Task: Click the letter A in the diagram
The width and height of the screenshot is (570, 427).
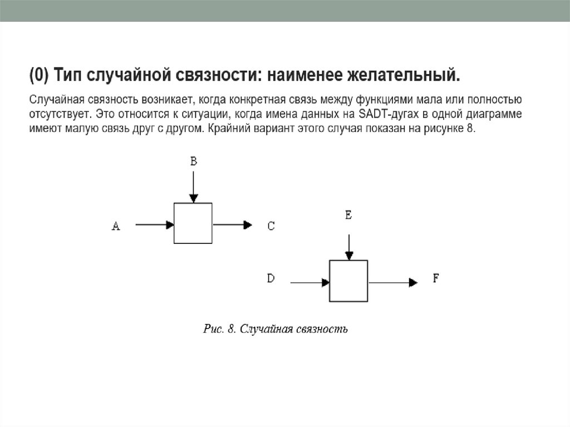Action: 116,226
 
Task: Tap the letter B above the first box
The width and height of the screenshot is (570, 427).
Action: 193,161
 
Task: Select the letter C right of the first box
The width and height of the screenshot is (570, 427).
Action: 271,226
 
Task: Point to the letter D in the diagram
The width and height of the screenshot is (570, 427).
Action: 271,279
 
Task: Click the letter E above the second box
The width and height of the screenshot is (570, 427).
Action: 348,215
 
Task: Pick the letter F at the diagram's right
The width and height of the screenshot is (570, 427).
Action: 436,279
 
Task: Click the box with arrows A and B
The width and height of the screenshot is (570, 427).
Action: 193,223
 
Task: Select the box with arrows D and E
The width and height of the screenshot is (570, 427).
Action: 348,281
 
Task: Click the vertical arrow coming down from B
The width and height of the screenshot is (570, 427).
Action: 193,186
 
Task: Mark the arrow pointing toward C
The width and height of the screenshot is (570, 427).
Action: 232,225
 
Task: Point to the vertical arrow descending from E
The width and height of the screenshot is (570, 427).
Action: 348,247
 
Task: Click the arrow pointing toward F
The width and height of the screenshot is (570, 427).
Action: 392,283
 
